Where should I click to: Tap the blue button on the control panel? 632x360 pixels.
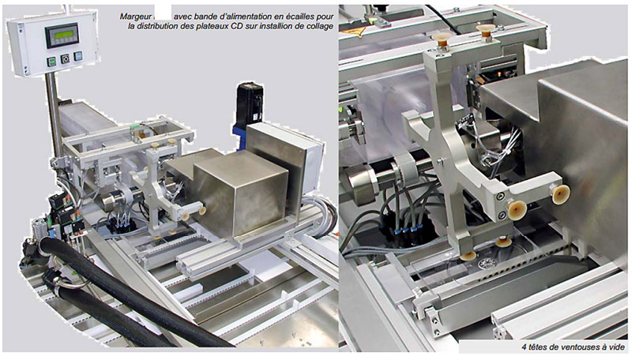coord(77,56)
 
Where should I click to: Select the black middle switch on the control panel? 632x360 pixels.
coord(65,58)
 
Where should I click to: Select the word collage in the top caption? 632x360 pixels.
coord(320,27)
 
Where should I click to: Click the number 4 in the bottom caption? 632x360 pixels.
coord(524,347)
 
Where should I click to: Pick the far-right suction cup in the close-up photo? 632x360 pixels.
coord(561,193)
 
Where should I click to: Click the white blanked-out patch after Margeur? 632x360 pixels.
coord(163,12)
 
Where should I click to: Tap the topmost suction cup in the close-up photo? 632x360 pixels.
coord(485,29)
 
